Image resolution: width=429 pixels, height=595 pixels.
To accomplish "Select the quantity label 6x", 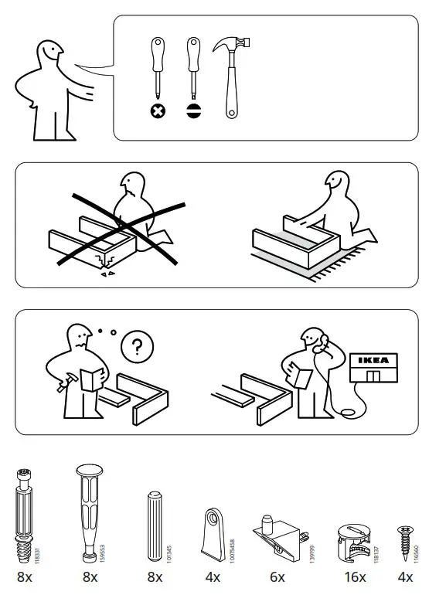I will (277, 576).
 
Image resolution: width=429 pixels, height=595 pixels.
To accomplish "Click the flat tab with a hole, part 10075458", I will (213, 533).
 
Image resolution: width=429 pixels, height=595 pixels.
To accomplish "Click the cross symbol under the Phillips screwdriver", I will (157, 110).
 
